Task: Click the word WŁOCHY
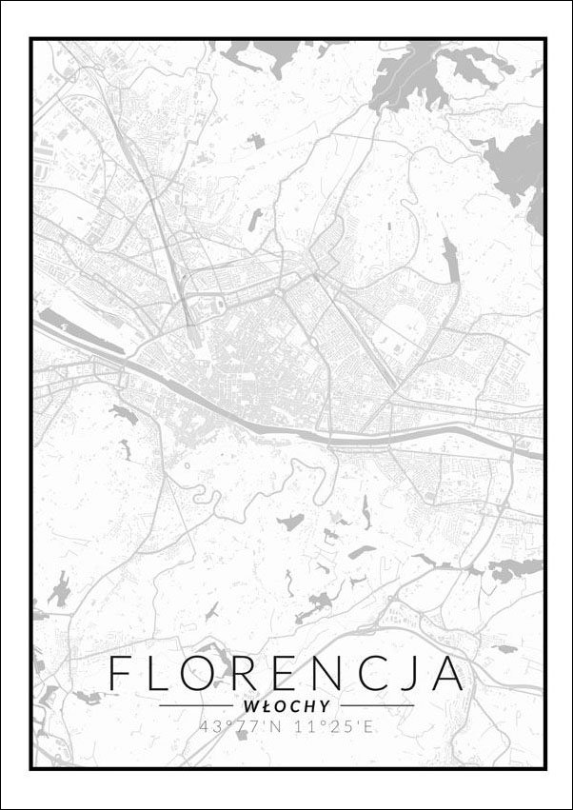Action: pyautogui.click(x=286, y=706)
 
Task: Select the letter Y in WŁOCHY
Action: pyautogui.click(x=326, y=706)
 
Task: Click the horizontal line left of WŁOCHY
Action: pyautogui.click(x=198, y=706)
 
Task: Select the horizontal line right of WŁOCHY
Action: pyautogui.click(x=376, y=706)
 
